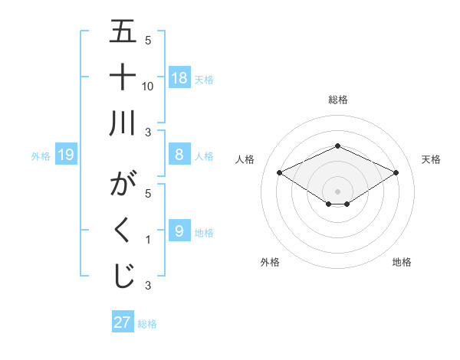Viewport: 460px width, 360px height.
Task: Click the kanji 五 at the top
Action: click(123, 33)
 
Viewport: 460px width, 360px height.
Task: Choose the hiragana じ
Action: click(123, 277)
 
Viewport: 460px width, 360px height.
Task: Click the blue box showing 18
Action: click(179, 78)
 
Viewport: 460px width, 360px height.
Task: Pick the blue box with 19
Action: click(66, 155)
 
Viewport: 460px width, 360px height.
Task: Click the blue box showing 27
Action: click(123, 322)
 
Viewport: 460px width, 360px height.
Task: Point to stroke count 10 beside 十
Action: click(148, 86)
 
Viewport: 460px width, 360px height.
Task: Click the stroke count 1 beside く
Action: click(148, 240)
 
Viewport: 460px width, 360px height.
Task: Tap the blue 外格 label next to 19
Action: click(41, 156)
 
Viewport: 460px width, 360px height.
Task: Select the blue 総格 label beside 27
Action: click(147, 323)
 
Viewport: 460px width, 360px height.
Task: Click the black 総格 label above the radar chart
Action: click(337, 100)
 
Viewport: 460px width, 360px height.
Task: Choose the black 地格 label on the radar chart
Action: click(402, 262)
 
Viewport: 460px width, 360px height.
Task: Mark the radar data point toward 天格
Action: click(396, 172)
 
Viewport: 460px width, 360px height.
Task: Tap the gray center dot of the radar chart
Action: click(337, 190)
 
